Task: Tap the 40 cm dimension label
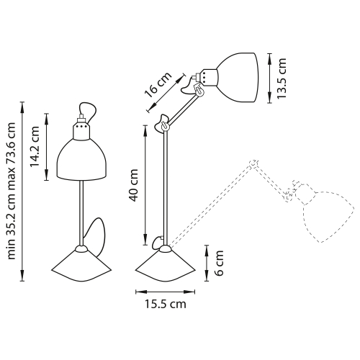[133, 186]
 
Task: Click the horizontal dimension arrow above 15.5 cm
[166, 292]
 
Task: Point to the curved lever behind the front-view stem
[96, 235]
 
